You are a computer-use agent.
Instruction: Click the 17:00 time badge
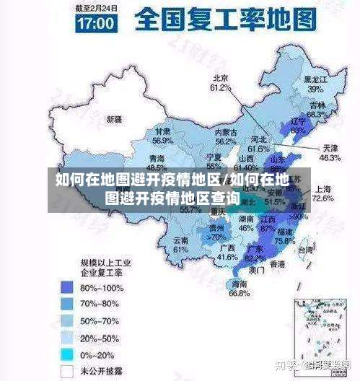point(95,22)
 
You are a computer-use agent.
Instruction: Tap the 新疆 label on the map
point(114,118)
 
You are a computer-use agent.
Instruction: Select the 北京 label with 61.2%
point(220,79)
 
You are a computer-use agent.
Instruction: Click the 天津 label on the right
point(329,148)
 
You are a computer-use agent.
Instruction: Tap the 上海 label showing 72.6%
point(323,189)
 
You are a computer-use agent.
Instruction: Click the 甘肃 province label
point(162,132)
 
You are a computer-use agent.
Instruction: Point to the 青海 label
point(157,159)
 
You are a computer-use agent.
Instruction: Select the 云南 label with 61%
point(180,240)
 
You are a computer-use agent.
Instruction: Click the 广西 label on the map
point(226,248)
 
